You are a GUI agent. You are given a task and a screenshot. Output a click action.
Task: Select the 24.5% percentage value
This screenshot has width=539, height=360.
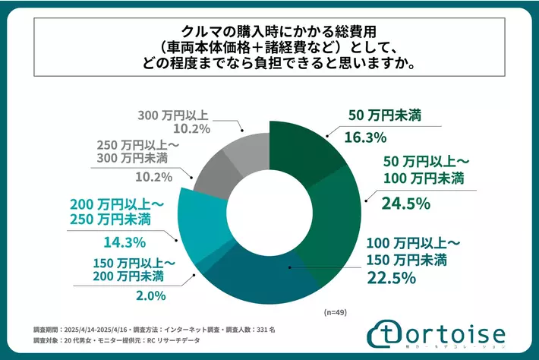(x=408, y=203)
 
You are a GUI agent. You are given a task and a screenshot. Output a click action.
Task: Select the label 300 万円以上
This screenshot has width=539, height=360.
(x=173, y=115)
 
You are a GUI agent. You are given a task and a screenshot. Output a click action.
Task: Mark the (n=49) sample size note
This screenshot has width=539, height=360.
(x=335, y=312)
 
